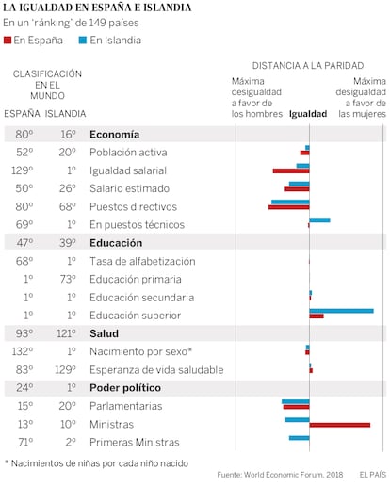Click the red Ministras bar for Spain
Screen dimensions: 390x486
tap(340, 425)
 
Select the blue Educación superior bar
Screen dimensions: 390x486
tap(342, 311)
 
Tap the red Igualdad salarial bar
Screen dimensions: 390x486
tap(291, 171)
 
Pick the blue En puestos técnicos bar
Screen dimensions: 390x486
tap(319, 220)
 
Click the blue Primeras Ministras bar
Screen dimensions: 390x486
tap(300, 438)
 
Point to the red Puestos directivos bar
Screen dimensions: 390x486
tap(289, 207)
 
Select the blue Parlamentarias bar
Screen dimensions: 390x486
tap(296, 401)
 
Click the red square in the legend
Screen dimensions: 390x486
tap(8, 40)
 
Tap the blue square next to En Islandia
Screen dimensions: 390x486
tap(83, 40)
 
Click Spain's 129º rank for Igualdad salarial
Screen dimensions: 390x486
tap(23, 170)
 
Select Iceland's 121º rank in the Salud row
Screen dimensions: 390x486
tap(66, 333)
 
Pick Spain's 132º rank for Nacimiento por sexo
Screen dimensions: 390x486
tap(23, 351)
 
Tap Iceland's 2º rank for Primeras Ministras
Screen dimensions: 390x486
tap(71, 442)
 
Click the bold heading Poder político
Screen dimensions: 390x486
tap(125, 388)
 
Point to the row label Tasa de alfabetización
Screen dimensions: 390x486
tap(142, 261)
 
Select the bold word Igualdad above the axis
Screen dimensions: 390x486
tap(308, 114)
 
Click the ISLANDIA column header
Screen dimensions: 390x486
tap(65, 114)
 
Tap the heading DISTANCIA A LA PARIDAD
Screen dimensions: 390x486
tap(308, 66)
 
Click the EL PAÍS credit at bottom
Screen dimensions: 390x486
tap(373, 475)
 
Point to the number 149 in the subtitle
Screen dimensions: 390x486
tap(97, 23)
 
